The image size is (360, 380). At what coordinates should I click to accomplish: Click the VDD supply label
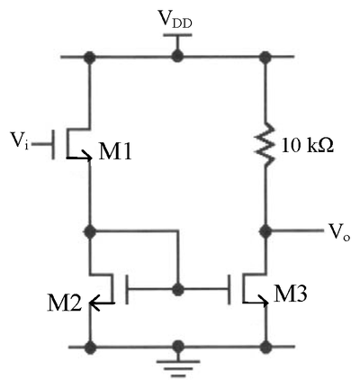(x=175, y=20)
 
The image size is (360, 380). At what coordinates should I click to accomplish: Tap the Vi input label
(x=20, y=140)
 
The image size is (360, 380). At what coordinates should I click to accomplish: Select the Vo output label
(x=339, y=232)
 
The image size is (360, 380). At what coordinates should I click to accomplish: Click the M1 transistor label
(x=115, y=152)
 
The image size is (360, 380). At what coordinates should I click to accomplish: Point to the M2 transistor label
(x=64, y=303)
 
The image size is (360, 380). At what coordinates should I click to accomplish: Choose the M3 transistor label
(x=291, y=294)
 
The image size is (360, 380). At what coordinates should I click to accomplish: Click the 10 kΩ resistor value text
(x=308, y=147)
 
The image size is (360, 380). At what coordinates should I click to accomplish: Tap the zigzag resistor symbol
(x=265, y=143)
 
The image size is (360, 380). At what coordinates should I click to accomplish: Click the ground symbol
(x=178, y=367)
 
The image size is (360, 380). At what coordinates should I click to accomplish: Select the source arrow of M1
(x=79, y=157)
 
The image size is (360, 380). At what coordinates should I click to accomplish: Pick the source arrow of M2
(x=102, y=303)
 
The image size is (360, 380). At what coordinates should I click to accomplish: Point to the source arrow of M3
(x=256, y=302)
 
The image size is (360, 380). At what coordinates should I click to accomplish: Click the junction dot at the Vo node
(x=265, y=231)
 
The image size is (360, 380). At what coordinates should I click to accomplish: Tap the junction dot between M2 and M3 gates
(x=178, y=289)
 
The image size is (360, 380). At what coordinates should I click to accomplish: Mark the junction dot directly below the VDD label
(x=177, y=57)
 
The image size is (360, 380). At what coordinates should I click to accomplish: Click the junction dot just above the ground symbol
(x=178, y=347)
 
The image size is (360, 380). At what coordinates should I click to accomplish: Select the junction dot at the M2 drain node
(x=90, y=231)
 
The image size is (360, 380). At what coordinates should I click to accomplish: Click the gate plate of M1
(x=53, y=144)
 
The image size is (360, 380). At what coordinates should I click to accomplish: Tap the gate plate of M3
(x=229, y=289)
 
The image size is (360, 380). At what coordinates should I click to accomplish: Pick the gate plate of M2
(x=127, y=289)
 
